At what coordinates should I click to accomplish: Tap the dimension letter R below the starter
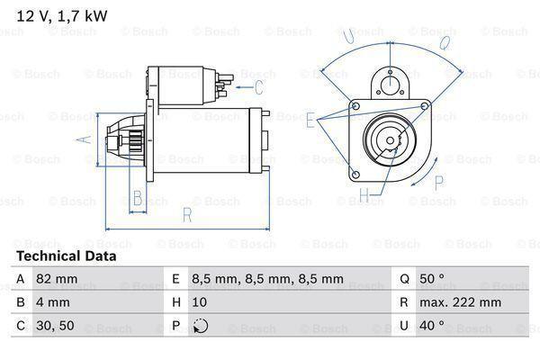[186, 214]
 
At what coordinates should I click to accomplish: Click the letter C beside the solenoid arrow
[258, 87]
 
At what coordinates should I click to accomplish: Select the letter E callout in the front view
[310, 119]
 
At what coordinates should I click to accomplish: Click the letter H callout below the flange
[364, 193]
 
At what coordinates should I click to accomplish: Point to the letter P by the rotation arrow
[439, 183]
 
